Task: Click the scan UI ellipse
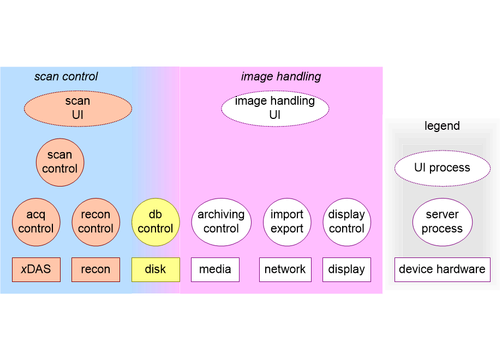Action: coord(77,108)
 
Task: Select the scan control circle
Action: coord(60,162)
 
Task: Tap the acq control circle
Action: coord(36,221)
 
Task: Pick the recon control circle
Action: coord(95,221)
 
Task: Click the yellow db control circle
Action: coord(156,221)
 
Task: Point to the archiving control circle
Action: coord(221,221)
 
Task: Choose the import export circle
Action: coord(287,221)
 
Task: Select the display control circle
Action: coord(346,221)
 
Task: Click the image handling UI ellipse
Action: coord(275,108)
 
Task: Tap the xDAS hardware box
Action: coord(36,269)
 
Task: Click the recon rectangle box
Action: coord(95,269)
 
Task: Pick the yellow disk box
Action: coord(156,269)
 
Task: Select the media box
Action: coord(215,269)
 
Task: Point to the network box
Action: coord(285,269)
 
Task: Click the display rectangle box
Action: coord(346,269)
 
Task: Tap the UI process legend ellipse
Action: coord(442,167)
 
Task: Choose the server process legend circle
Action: coord(442,221)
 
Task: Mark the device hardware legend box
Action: coord(442,269)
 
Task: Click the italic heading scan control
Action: coord(66,76)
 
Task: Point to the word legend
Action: coord(442,126)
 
